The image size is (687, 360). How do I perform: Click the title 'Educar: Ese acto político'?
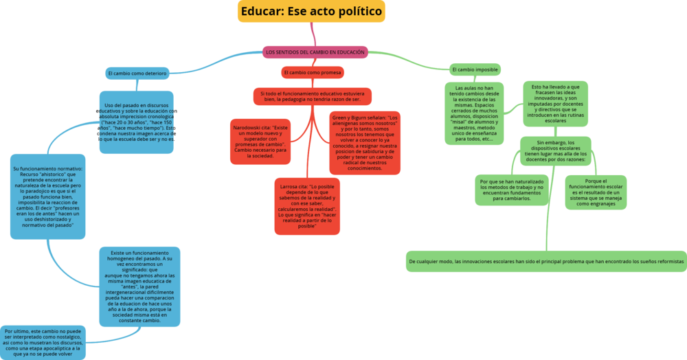coord(311,12)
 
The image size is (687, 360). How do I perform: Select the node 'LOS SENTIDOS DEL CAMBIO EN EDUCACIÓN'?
coord(315,52)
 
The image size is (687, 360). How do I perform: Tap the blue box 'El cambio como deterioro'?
coord(137,73)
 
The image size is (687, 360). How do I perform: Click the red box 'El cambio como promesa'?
coord(313,72)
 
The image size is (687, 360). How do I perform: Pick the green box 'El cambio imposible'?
coord(475,69)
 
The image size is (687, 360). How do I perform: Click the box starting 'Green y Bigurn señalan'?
coord(364,142)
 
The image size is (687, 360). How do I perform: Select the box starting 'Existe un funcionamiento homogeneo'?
coord(139,286)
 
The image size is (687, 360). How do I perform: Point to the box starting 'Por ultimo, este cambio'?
coord(44,342)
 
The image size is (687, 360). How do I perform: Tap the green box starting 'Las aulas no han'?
coord(474,113)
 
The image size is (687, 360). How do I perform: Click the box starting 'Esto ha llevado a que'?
coord(555,102)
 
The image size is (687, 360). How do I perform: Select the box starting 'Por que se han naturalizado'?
coord(512,190)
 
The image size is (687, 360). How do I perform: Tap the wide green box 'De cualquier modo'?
coord(546,262)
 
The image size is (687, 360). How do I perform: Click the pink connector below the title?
coord(313,34)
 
